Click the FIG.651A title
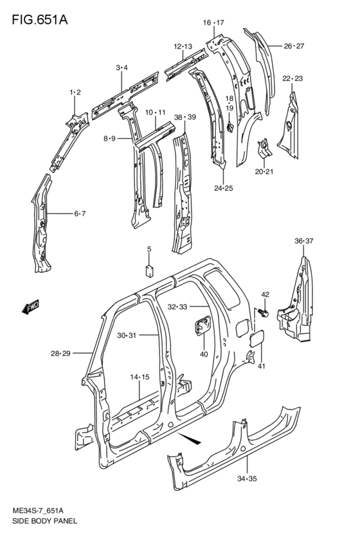(40, 19)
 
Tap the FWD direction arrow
(30, 307)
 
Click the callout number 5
(149, 249)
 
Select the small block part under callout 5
(149, 271)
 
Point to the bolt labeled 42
(264, 313)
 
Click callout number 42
(265, 294)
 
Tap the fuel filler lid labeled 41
(256, 339)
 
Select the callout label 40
(204, 354)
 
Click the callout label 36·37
(304, 240)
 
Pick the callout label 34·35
(247, 479)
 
